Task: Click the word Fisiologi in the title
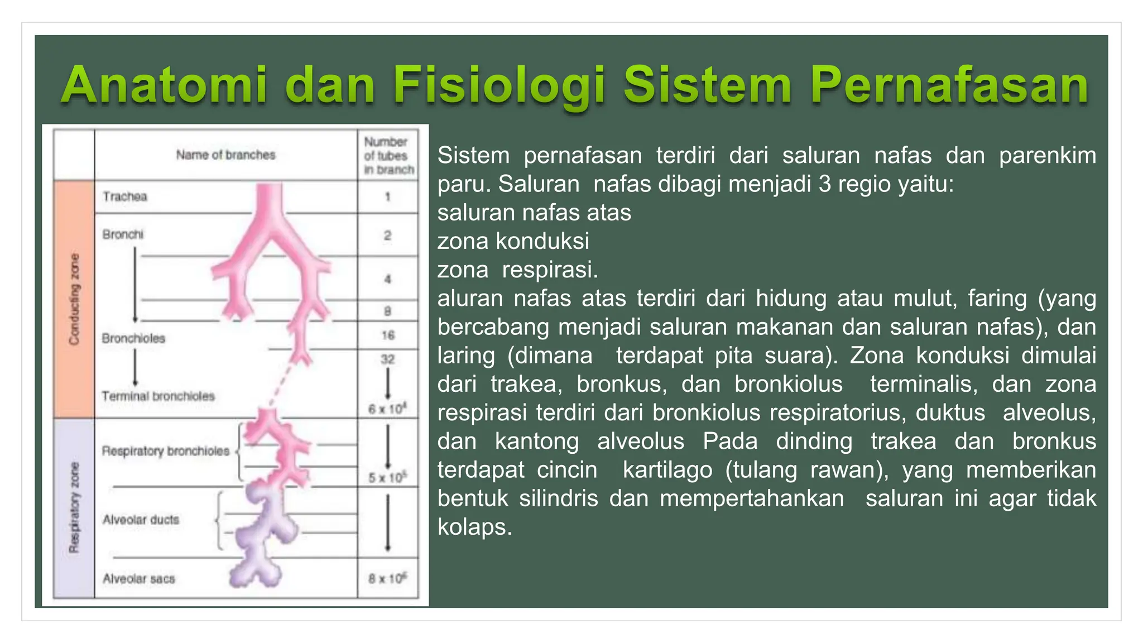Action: point(500,85)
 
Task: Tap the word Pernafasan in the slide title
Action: point(949,85)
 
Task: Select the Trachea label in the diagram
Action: point(125,196)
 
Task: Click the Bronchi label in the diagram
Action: point(123,234)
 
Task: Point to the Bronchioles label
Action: point(133,338)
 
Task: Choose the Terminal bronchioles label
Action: point(158,396)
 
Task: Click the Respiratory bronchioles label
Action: point(165,451)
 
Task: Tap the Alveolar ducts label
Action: point(141,520)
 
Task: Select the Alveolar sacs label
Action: point(138,579)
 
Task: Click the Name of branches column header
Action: point(225,155)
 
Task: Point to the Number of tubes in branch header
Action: point(388,156)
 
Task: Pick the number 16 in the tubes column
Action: point(388,335)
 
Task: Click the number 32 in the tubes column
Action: point(388,359)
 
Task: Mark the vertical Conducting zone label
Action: point(74,299)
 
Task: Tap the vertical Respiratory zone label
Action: point(74,508)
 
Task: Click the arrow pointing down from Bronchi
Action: point(135,285)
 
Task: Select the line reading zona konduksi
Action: point(513,241)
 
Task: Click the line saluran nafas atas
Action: point(534,213)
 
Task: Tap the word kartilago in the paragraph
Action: point(667,469)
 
